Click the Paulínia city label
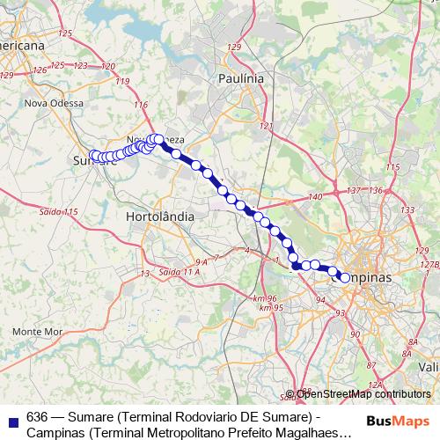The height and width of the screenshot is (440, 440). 240,78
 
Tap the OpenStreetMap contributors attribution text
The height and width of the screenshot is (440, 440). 362,394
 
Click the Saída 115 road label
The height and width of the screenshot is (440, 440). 60,212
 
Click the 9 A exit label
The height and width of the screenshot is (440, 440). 201,262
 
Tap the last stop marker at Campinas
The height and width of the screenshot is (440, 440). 345,278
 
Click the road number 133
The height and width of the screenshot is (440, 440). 407,210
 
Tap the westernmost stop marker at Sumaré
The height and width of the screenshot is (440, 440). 93,155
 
